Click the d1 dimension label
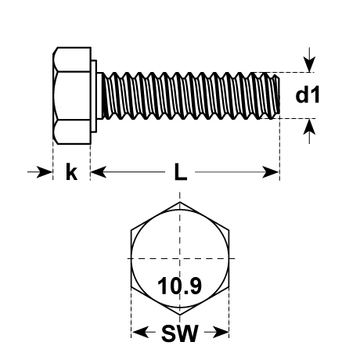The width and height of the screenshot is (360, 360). coord(308,95)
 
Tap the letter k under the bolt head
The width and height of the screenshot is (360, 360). coord(71,171)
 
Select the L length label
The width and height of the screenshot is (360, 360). coord(181,172)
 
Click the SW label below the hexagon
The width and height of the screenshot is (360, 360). coord(180,333)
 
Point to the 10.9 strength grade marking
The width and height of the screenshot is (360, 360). coord(180,286)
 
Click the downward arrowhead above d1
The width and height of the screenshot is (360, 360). coord(309,64)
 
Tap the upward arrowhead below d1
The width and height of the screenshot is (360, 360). coord(309,127)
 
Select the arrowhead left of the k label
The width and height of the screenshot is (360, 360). coord(45,172)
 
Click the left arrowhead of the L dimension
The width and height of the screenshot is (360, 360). coord(99,172)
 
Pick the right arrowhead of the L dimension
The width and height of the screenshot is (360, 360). coord(271,172)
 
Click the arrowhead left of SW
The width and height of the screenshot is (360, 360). coord(140,333)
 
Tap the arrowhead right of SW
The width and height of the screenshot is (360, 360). coord(221,333)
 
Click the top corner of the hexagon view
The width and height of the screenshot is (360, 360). coord(180,202)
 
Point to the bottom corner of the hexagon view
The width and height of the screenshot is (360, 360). coord(180,315)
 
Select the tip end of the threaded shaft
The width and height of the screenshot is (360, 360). coord(279,95)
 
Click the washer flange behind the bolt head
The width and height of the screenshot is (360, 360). coord(94,96)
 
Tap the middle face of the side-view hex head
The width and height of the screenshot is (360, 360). coord(72,95)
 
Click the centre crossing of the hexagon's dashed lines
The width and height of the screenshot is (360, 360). coord(180,258)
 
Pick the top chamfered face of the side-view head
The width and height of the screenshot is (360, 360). coord(72,59)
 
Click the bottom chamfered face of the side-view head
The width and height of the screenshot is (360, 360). coord(72,132)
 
